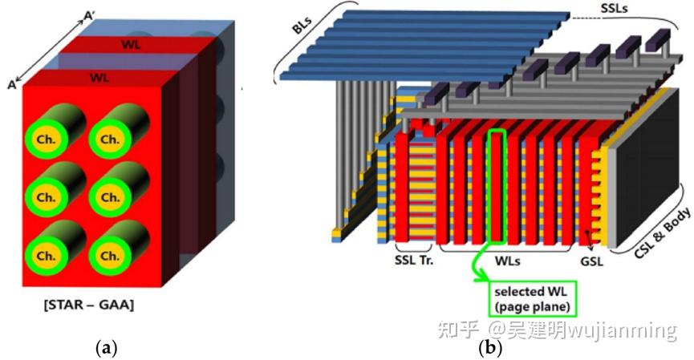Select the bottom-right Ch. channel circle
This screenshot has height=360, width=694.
[108, 256]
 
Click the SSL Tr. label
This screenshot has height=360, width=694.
[414, 261]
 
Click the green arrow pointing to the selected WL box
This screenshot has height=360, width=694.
[479, 267]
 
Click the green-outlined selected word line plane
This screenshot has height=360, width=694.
[499, 184]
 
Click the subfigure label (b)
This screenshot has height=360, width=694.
[489, 348]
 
